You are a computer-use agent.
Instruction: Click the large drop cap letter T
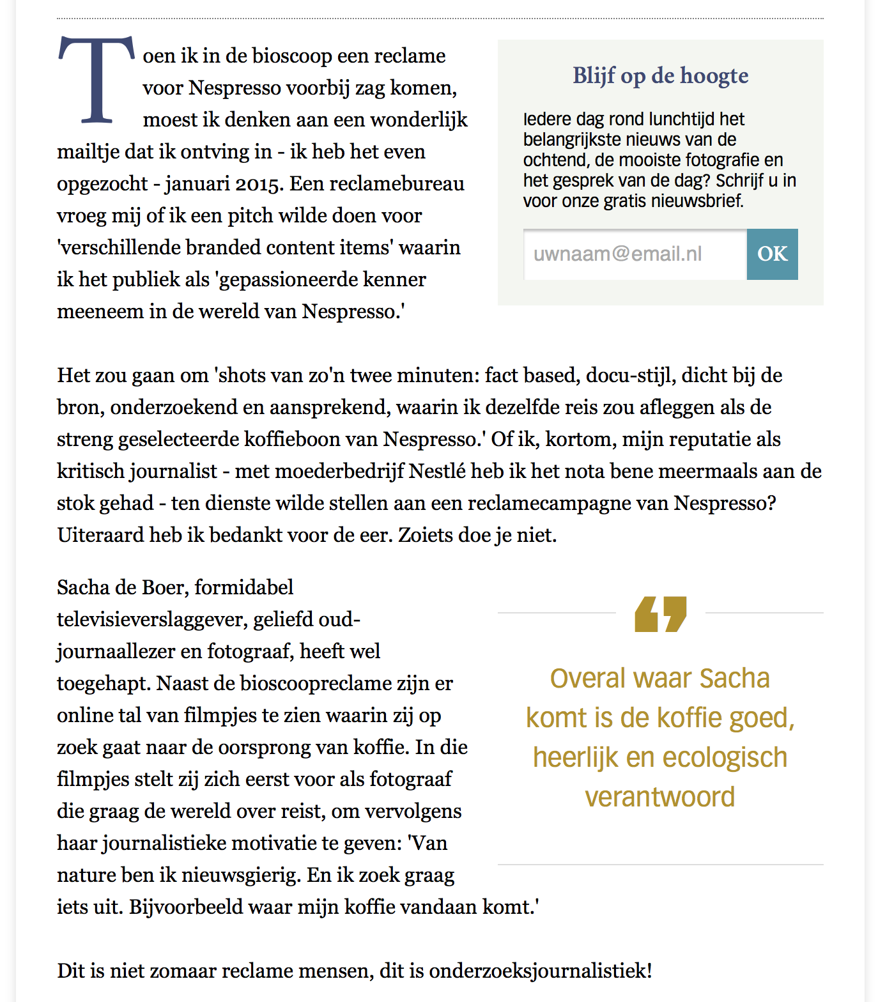click(97, 80)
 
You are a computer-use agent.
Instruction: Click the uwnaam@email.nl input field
click(635, 254)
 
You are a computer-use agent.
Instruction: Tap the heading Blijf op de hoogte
click(660, 75)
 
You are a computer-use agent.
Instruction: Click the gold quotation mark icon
click(660, 614)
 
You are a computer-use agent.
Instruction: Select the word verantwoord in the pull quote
click(659, 797)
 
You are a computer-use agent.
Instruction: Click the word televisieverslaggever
click(150, 619)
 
